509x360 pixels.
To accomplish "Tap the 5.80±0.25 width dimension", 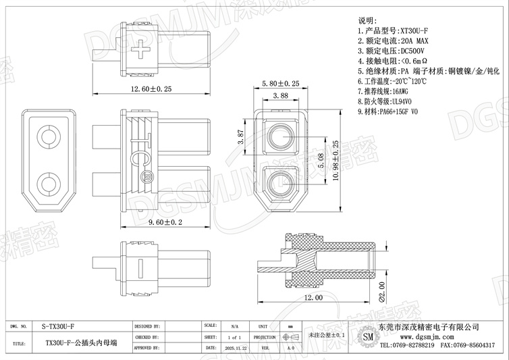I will tap(280, 83).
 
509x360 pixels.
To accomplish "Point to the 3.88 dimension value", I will tap(280, 97).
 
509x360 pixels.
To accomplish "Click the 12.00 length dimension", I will tap(314, 297).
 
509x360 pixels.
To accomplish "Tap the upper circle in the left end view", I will tap(48, 138).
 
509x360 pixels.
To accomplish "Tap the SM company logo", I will tap(368, 336).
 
